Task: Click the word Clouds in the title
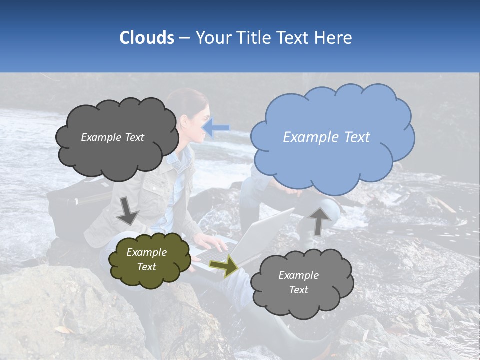(x=146, y=38)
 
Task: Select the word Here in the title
(x=334, y=38)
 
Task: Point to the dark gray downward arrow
(x=127, y=210)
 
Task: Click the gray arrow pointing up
(x=319, y=220)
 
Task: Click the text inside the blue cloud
(x=326, y=137)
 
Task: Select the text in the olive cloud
(x=146, y=260)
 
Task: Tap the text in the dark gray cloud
(x=112, y=137)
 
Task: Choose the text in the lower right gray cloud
(x=298, y=282)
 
